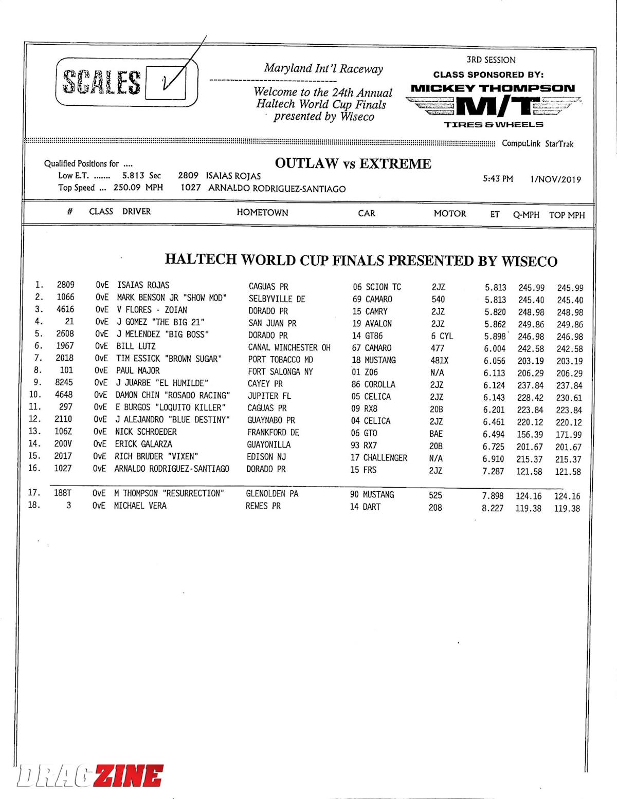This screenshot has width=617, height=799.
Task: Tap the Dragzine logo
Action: pyautogui.click(x=90, y=776)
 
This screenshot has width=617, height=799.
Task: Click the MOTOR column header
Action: pyautogui.click(x=450, y=214)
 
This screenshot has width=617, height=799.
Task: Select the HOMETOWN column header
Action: pyautogui.click(x=262, y=213)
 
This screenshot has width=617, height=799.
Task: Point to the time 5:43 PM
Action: pyautogui.click(x=498, y=179)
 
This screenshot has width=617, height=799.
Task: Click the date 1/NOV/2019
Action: pyautogui.click(x=555, y=179)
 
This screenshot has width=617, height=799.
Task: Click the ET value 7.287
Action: pyautogui.click(x=493, y=471)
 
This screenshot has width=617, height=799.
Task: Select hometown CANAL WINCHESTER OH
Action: pyautogui.click(x=289, y=348)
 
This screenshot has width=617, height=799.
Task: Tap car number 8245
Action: pyautogui.click(x=64, y=382)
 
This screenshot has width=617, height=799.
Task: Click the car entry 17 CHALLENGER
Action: pyautogui.click(x=379, y=457)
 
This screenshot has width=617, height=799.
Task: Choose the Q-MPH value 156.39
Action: pyautogui.click(x=530, y=434)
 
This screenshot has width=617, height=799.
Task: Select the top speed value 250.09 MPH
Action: pyautogui.click(x=138, y=188)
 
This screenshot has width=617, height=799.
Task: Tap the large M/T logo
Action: pyautogui.click(x=493, y=106)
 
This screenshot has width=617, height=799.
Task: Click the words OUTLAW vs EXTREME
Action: pyautogui.click(x=353, y=164)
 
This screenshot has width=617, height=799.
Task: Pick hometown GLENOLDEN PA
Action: pyautogui.click(x=272, y=494)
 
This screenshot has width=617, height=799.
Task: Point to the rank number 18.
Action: pyautogui.click(x=34, y=505)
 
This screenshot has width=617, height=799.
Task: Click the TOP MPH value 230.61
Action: pyautogui.click(x=569, y=398)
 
